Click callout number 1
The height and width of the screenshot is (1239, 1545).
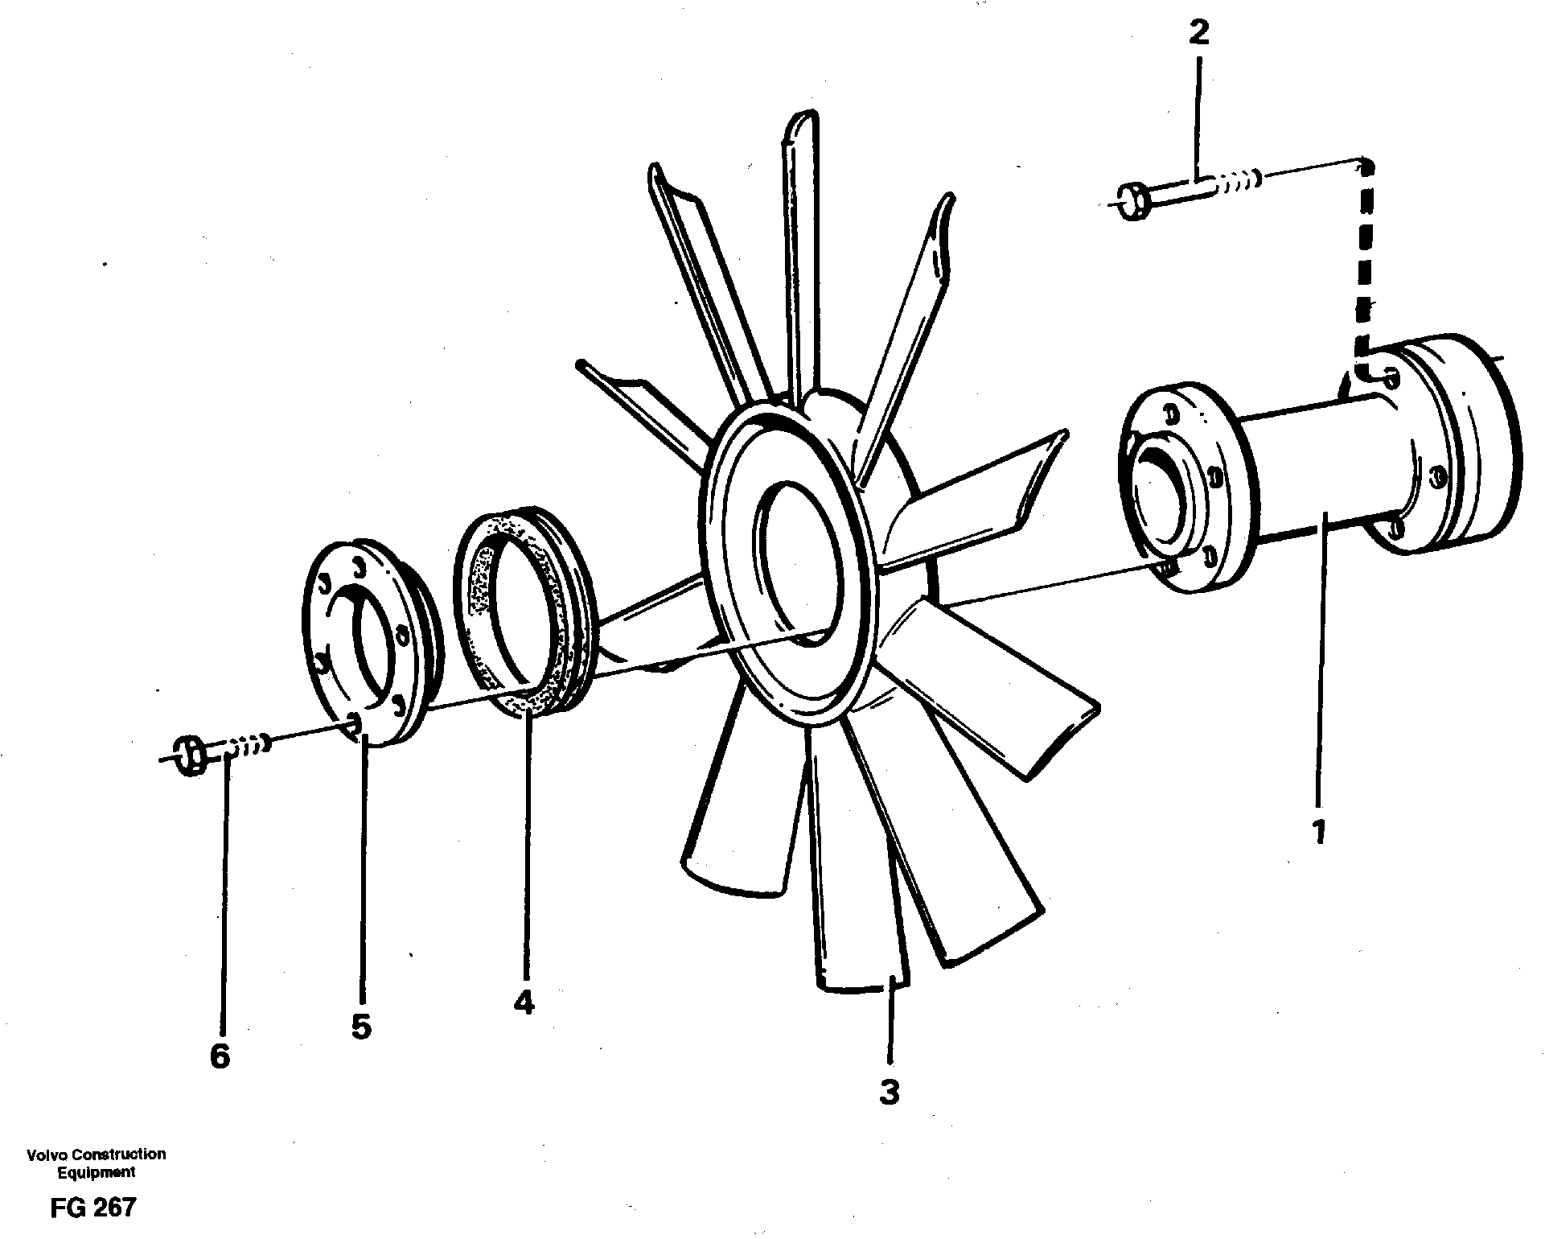point(1319,830)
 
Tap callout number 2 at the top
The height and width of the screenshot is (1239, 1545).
point(1198,34)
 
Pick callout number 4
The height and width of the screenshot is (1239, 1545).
point(524,1002)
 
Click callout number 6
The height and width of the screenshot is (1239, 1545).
point(220,1056)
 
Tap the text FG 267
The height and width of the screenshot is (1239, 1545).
point(92,1208)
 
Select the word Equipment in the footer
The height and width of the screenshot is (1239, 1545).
point(96,1172)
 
